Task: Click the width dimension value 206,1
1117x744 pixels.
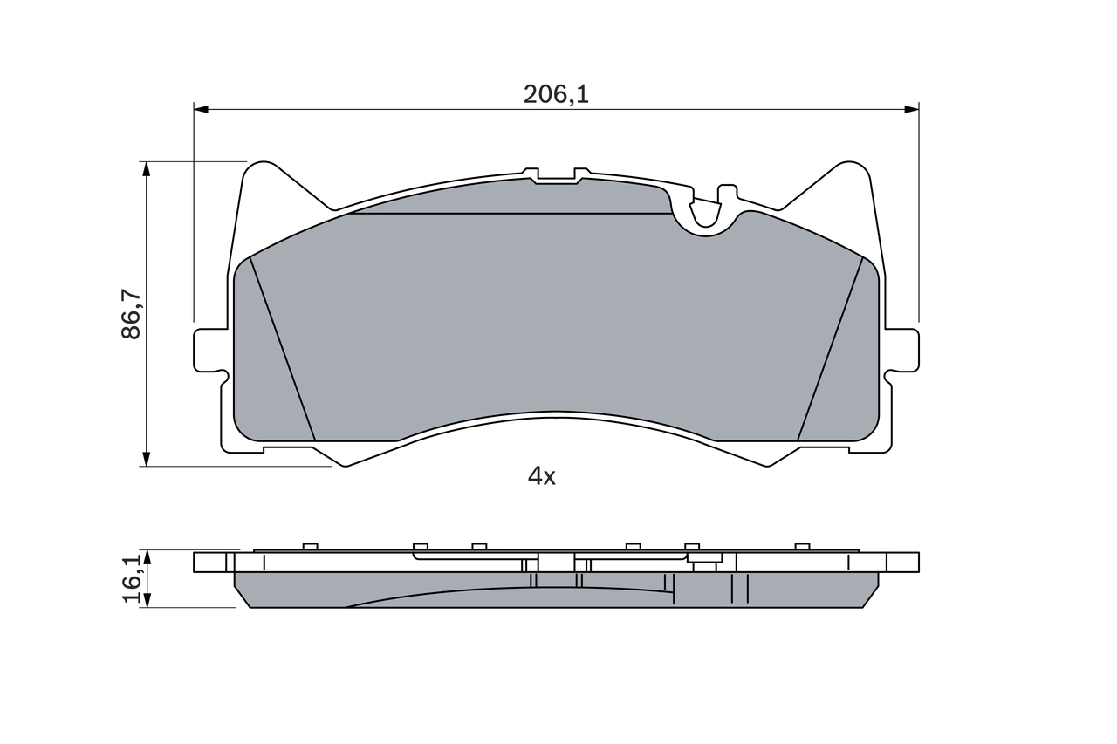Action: click(556, 94)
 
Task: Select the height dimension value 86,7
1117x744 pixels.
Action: click(132, 314)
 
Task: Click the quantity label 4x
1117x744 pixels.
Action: click(541, 476)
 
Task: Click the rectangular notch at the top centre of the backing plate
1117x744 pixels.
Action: click(556, 177)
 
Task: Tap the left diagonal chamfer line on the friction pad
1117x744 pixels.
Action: click(282, 349)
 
